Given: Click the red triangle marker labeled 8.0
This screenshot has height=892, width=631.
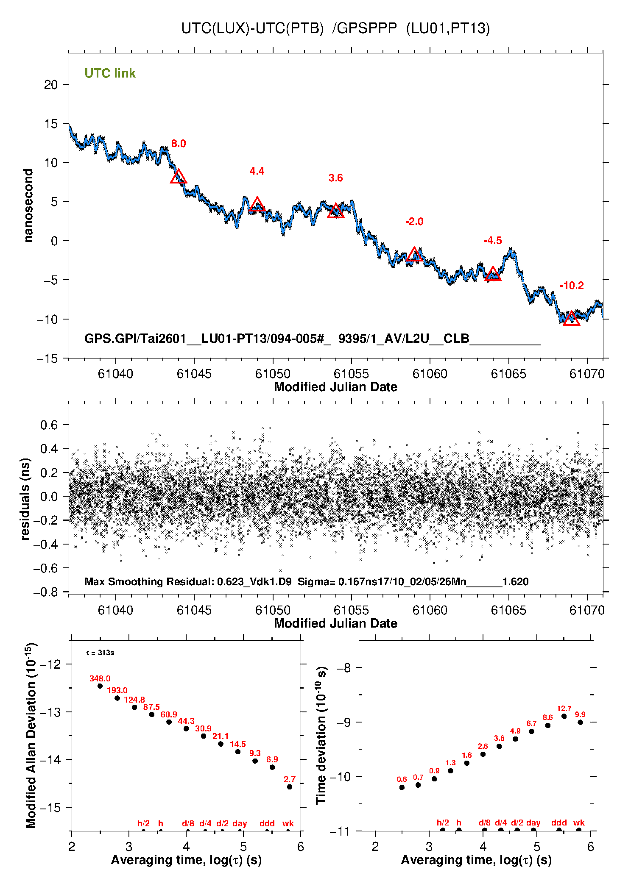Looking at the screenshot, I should [178, 177].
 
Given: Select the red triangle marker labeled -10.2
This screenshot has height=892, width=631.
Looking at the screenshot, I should [571, 319].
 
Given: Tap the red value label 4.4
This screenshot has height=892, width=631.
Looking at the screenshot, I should [257, 171].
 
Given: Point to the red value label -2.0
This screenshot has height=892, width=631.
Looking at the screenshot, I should [414, 222].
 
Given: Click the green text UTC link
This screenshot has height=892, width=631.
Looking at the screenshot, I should [110, 74].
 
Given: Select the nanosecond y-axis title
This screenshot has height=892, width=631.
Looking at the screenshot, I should [28, 206].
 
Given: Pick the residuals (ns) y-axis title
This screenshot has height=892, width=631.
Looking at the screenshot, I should [25, 499].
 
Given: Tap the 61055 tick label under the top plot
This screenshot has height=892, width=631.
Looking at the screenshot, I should [351, 374].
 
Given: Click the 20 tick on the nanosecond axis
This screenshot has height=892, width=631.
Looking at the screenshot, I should [51, 85].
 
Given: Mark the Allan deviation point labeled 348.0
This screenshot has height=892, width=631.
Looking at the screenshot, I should [100, 686].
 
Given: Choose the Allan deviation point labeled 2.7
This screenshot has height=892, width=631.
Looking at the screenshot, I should [290, 787].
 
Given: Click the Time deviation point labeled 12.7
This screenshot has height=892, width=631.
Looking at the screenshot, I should [564, 717].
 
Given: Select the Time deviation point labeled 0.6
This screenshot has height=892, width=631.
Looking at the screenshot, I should [402, 787].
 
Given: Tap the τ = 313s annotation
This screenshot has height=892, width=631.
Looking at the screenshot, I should [100, 653].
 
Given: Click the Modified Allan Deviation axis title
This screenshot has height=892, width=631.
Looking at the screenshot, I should [31, 736].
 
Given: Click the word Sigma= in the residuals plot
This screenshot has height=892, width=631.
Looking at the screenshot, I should [316, 582].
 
